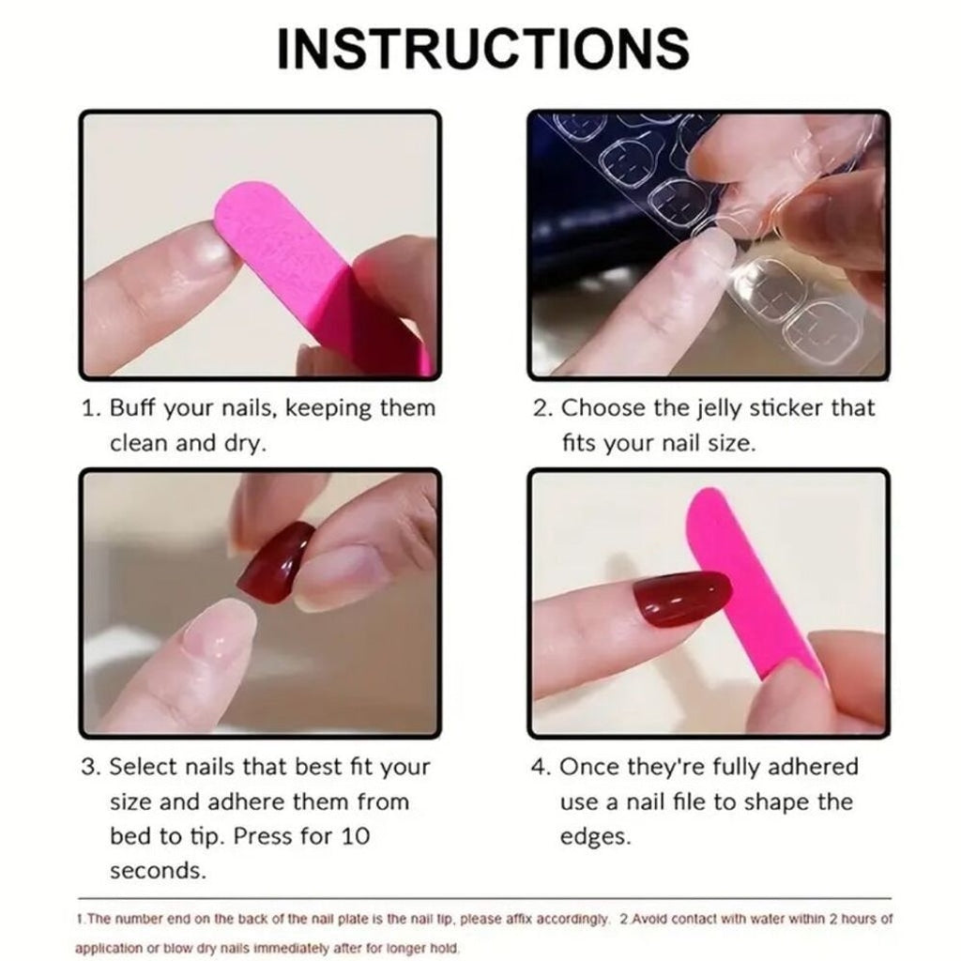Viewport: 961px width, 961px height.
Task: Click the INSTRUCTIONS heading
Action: [483, 48]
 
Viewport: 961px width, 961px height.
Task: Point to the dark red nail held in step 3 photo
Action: [275, 563]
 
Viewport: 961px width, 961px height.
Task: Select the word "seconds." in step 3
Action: [158, 871]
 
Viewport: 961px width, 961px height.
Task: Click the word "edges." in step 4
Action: [595, 837]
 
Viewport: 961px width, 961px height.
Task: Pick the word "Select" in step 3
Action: [144, 767]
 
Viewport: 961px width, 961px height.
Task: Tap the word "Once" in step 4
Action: [589, 767]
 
